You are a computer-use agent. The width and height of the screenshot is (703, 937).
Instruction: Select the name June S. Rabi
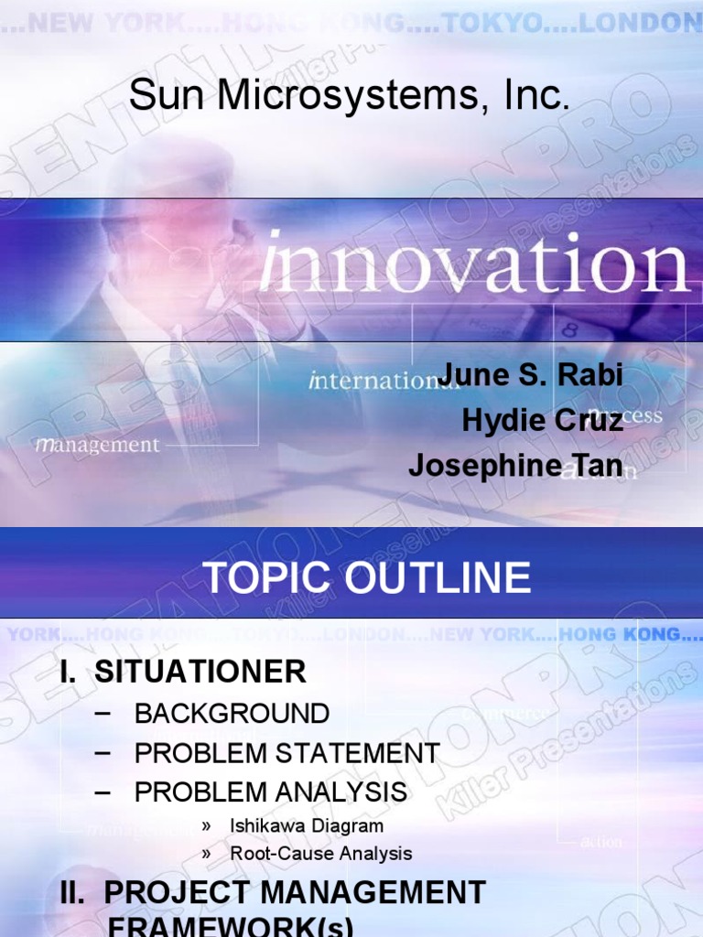tap(531, 374)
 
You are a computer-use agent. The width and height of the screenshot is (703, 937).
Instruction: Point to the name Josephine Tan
tap(515, 466)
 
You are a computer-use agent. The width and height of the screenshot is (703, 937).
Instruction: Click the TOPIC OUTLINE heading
tap(366, 578)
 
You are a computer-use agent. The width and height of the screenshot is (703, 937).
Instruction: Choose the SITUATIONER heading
tap(200, 673)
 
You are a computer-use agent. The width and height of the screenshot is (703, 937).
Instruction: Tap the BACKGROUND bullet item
tap(232, 714)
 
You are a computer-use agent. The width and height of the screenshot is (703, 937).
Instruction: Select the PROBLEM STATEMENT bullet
tap(287, 753)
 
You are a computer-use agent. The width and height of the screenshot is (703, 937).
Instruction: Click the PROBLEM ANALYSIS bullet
tap(271, 792)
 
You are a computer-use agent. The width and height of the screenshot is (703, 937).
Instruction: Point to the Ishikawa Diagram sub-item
tap(307, 825)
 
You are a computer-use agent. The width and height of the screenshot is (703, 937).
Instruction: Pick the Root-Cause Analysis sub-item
tap(320, 854)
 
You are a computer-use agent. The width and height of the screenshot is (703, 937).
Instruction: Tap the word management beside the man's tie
tap(98, 446)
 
